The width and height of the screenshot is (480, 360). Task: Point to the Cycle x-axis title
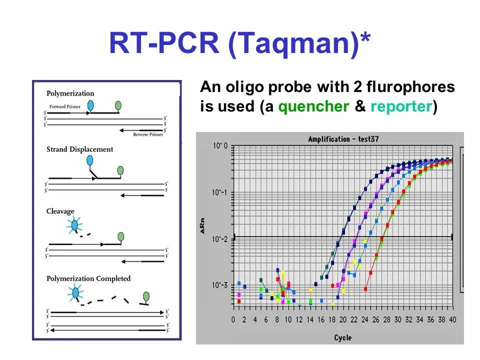click(x=343, y=338)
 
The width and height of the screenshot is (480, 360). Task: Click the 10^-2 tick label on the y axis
click(x=220, y=239)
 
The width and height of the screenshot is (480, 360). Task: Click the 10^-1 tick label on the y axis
click(x=220, y=193)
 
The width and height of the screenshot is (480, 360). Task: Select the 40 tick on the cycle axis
click(x=453, y=319)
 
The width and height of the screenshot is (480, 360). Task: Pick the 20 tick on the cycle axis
click(x=343, y=319)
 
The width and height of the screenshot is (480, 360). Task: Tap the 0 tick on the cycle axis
click(x=233, y=319)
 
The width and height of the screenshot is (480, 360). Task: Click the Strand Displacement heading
click(x=80, y=149)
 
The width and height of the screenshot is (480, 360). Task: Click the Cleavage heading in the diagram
click(x=60, y=211)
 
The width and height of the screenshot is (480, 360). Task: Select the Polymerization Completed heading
click(x=88, y=278)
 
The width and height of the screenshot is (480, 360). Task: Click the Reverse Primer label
click(x=148, y=134)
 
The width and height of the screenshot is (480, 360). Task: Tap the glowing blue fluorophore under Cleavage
click(x=74, y=226)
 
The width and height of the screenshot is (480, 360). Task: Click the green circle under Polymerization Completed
click(x=146, y=296)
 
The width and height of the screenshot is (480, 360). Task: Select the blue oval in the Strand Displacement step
click(x=90, y=160)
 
